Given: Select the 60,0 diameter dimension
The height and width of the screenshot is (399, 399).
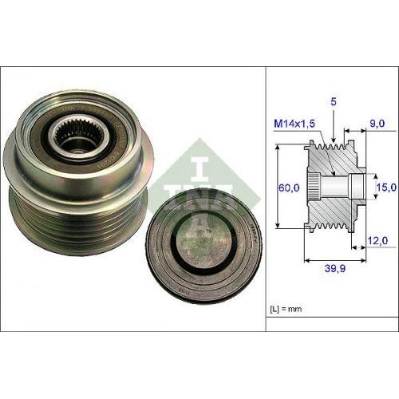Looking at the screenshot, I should (x=289, y=188).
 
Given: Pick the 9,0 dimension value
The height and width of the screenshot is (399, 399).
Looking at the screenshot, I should (x=377, y=123).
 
